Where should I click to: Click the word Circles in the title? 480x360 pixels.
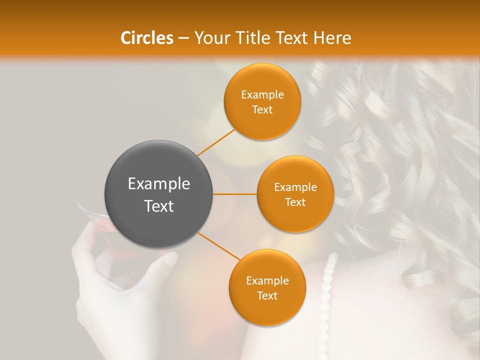pos(146,38)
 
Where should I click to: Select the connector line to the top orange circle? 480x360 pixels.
pos(216,142)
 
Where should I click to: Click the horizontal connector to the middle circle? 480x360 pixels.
pos(235,194)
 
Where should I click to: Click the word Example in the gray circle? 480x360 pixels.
pos(158,184)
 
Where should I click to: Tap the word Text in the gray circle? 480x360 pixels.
pos(158,206)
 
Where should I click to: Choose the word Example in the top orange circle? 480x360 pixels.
pos(262,95)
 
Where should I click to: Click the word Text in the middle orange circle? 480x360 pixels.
pos(295,202)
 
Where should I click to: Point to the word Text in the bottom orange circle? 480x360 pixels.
pos(267,295)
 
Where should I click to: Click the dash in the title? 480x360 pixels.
pos(183,38)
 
